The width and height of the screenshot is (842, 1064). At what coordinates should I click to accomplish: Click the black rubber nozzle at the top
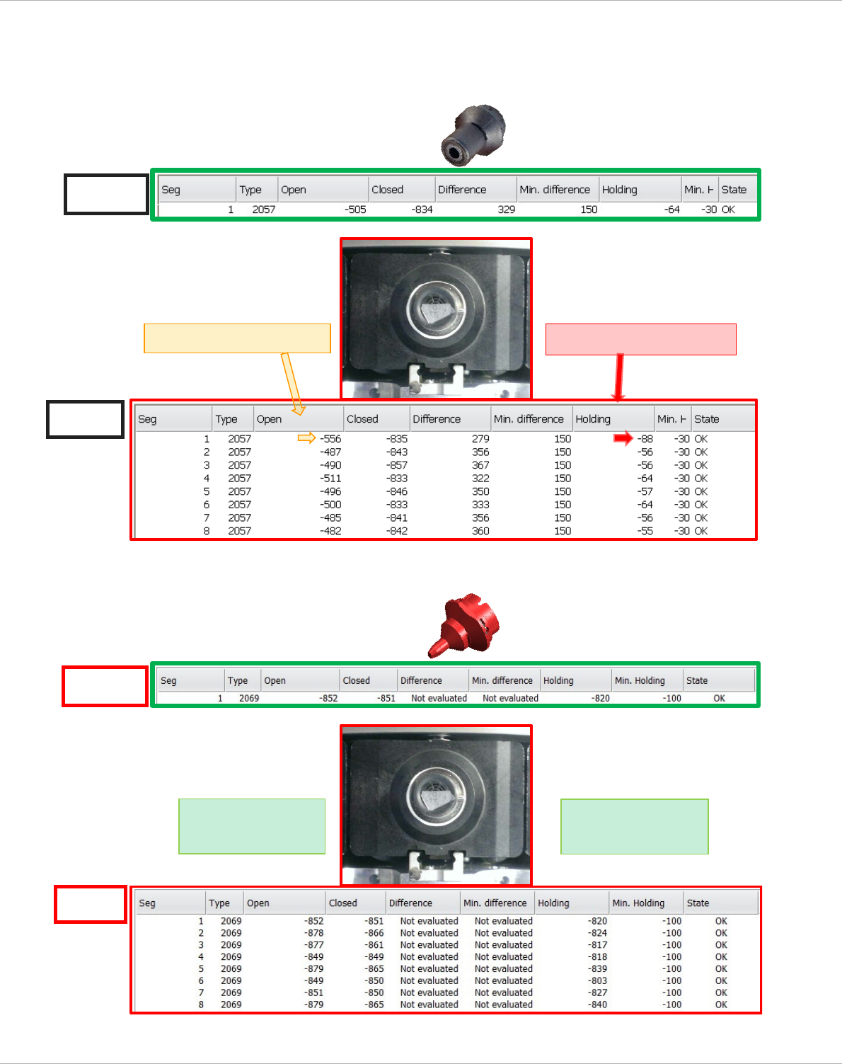tap(473, 135)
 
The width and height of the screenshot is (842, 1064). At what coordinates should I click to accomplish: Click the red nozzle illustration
tap(466, 624)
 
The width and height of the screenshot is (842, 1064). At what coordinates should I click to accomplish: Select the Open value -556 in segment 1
tap(330, 439)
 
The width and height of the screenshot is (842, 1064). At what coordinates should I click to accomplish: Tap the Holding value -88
tap(645, 439)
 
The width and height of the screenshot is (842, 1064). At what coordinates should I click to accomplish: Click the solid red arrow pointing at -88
tap(623, 439)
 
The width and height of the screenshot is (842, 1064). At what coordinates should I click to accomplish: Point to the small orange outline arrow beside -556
tap(306, 438)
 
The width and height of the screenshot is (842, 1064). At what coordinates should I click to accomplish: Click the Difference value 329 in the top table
tap(506, 210)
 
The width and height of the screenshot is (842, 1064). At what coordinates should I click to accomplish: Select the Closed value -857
tap(397, 465)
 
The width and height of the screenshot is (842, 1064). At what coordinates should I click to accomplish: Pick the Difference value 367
tap(480, 465)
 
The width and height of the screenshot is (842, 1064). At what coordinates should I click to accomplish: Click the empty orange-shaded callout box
tap(237, 338)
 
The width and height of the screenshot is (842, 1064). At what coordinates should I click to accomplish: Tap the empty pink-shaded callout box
tap(640, 339)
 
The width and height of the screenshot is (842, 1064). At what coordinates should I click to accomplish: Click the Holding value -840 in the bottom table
tap(597, 1005)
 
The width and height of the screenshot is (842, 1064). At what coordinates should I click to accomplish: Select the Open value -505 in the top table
tap(355, 210)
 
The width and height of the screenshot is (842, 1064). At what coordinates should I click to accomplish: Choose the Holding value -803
tap(597, 980)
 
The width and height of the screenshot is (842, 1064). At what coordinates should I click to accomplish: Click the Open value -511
tap(330, 479)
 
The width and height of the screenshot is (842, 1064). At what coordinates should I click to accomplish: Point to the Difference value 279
tap(480, 439)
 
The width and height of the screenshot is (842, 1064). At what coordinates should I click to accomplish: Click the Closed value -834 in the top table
tap(422, 210)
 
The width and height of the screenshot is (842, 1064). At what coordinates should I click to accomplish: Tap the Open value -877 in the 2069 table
tap(313, 945)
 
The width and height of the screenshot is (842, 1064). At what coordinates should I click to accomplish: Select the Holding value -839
tap(597, 968)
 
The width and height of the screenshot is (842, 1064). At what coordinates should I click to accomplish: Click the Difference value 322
tap(480, 479)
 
